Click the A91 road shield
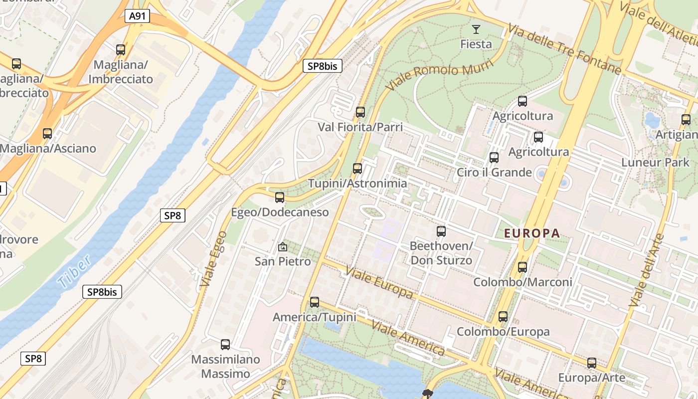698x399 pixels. [x=137, y=16]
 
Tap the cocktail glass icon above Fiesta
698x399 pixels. [x=476, y=29]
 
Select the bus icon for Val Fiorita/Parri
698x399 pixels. [x=360, y=112]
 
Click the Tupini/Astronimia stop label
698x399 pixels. [x=357, y=184]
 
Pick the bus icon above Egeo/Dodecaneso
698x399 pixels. [x=280, y=198]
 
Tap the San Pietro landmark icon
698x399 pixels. [x=283, y=246]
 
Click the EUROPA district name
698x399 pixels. [x=532, y=233]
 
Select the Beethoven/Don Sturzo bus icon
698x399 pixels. [x=441, y=231]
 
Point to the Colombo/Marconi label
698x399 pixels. [x=523, y=282]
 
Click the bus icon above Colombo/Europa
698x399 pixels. [x=503, y=317]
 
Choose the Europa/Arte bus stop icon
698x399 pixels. [x=592, y=363]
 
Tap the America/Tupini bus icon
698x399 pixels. [x=315, y=302]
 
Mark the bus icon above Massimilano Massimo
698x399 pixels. [x=225, y=345]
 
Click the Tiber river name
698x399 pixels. [x=74, y=272]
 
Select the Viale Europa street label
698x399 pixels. [x=379, y=283]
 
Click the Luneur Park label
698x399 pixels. [x=655, y=163]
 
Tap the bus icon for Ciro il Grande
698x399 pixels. [x=494, y=158]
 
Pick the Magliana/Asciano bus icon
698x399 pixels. [x=47, y=134]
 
